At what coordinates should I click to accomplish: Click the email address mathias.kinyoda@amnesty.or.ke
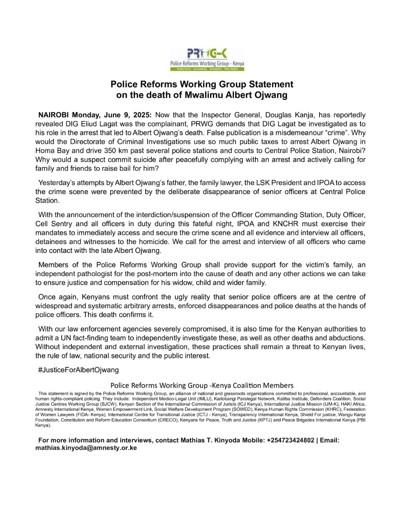(86, 448)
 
